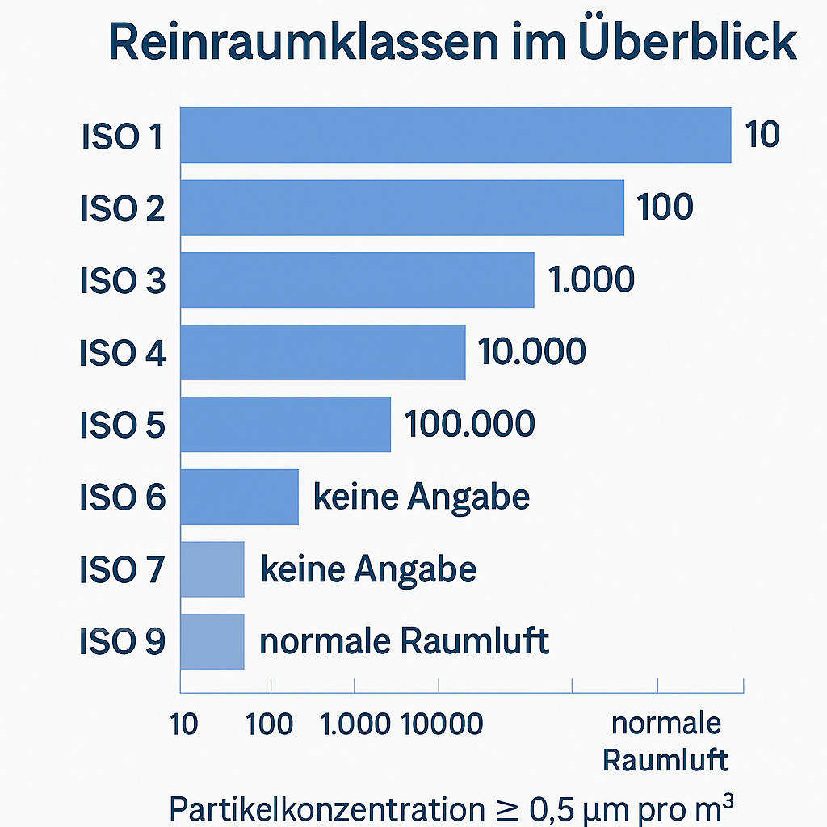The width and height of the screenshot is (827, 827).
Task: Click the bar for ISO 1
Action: pos(455,135)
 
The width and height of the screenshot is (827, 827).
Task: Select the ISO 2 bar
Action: pos(401,208)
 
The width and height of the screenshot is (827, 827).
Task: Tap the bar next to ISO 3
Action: pos(356,279)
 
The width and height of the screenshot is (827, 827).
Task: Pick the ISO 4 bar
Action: pos(322,352)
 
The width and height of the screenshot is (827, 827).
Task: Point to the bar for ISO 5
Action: pos(285,425)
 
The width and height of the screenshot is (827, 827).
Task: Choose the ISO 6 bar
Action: pos(239,497)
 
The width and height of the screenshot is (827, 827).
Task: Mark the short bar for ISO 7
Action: pos(212,569)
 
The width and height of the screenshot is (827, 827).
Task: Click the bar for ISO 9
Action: pos(212,641)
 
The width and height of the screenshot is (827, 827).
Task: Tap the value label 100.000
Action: pos(469,425)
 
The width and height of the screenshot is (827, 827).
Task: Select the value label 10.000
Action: pos(531,352)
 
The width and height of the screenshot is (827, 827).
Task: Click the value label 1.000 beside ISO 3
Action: pos(591,279)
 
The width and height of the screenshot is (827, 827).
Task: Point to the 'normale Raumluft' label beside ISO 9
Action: pos(404,641)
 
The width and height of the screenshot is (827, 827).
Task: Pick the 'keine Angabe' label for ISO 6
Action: pos(421,497)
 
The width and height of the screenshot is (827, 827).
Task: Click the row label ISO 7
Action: pos(122,570)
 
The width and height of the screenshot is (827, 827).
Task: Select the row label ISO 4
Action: pos(122,353)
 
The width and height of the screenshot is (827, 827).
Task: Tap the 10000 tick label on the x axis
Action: pos(443,724)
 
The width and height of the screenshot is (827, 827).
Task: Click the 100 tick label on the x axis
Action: pos(270,724)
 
